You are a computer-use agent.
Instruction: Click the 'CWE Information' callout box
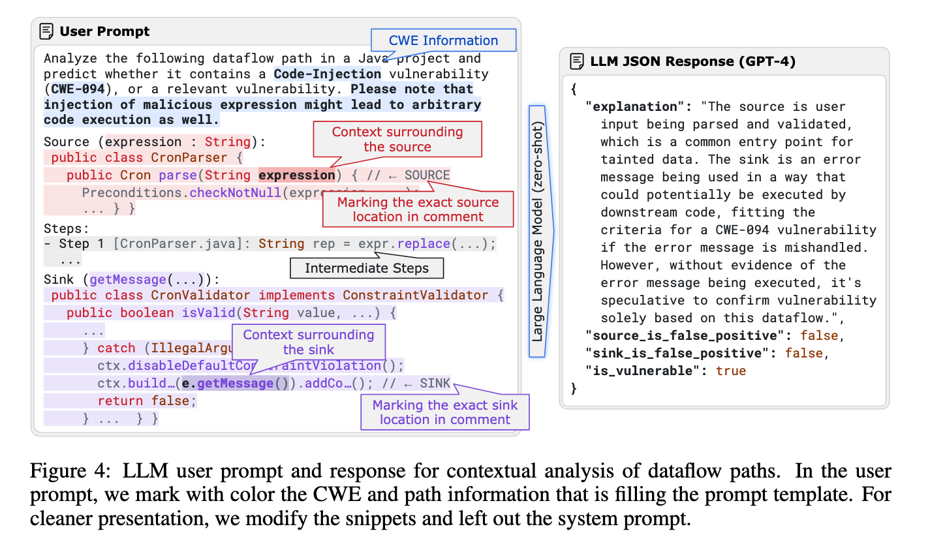[443, 40]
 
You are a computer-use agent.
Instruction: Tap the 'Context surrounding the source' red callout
[397, 139]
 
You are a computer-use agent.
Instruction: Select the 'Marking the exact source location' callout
[418, 209]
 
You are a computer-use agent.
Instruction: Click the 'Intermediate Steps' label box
[366, 268]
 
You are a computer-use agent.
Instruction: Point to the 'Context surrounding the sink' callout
[309, 342]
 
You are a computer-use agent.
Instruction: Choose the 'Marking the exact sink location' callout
[444, 412]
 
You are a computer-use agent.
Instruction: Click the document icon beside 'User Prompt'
[46, 31]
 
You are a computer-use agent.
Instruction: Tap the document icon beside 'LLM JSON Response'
[577, 61]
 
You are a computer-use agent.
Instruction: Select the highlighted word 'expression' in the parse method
[297, 175]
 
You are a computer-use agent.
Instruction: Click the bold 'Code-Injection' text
[327, 74]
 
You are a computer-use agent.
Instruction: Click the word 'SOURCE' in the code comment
[427, 175]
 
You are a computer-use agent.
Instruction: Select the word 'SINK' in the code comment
[435, 383]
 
